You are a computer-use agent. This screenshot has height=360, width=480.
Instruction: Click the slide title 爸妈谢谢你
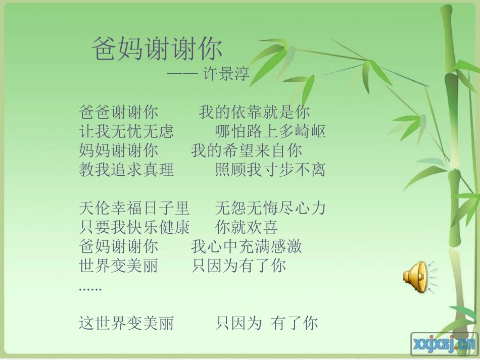tap(157, 49)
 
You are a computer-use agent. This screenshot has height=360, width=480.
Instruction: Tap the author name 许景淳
tap(226, 75)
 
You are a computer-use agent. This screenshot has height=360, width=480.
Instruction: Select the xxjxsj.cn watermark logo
tap(444, 344)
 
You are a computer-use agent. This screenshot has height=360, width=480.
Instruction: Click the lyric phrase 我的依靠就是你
tap(254, 112)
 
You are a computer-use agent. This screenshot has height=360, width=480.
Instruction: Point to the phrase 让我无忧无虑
tap(126, 131)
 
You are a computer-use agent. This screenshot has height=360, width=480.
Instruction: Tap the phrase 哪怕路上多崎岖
tap(270, 131)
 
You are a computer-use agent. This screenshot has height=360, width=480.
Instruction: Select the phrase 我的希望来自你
tap(247, 150)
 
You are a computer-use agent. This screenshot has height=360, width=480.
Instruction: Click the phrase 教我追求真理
tap(126, 170)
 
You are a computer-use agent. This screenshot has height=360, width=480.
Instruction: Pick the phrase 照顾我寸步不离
tap(270, 170)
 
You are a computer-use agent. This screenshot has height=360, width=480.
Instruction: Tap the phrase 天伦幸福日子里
tap(134, 208)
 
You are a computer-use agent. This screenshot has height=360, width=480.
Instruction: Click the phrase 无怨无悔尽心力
tap(270, 208)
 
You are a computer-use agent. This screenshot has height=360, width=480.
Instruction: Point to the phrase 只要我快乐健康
tap(134, 227)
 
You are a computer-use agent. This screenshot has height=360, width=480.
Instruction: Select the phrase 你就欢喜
tap(247, 227)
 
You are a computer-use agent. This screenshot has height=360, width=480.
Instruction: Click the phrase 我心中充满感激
tap(247, 246)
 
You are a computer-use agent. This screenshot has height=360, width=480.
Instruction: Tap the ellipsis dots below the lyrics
tap(90, 289)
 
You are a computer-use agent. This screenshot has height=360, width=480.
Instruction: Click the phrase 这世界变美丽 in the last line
tap(126, 323)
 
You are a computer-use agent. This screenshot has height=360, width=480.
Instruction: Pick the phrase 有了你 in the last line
tap(295, 323)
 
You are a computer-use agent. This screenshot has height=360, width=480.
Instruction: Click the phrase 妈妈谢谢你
tap(119, 150)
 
